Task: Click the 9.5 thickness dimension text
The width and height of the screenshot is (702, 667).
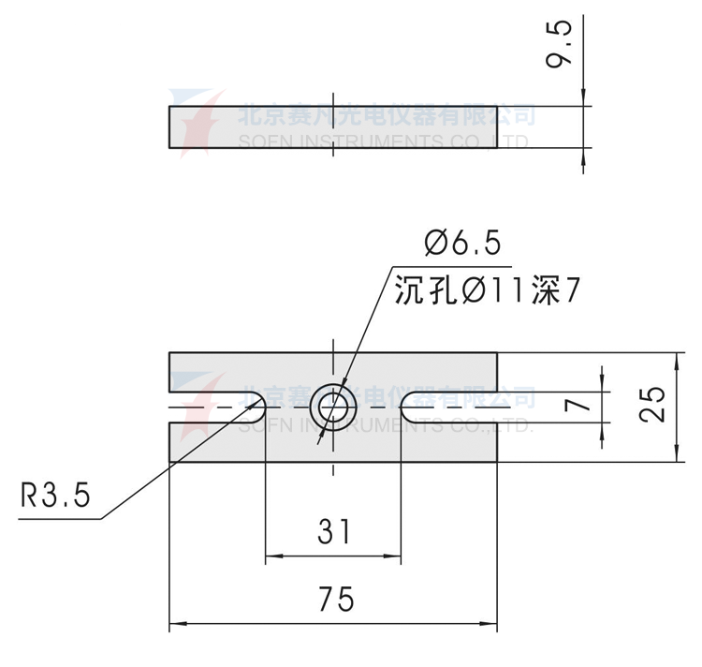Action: click(562, 46)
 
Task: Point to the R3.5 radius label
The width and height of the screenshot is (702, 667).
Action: click(55, 495)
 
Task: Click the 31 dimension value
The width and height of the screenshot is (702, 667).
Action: click(334, 532)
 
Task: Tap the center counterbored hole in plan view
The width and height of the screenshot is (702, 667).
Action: click(334, 407)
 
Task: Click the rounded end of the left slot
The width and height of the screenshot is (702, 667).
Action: click(260, 407)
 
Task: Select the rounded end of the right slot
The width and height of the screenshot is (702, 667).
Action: click(407, 407)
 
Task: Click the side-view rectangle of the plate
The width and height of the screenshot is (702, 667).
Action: click(332, 127)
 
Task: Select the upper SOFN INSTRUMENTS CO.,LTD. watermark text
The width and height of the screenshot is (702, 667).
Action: click(384, 141)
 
